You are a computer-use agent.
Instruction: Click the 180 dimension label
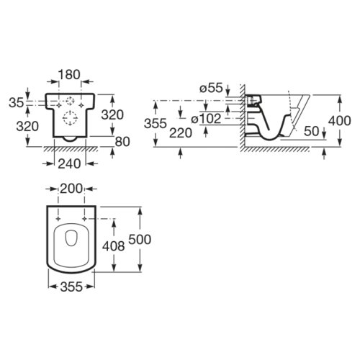pyautogui.click(x=69, y=75)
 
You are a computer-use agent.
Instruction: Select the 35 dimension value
pyautogui.click(x=17, y=103)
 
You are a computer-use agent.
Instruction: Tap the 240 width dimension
pyautogui.click(x=69, y=164)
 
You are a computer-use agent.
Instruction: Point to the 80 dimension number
pyautogui.click(x=122, y=142)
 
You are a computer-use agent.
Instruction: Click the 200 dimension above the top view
pyautogui.click(x=71, y=189)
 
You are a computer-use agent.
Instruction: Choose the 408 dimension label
pyautogui.click(x=114, y=246)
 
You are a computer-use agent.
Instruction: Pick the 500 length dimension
pyautogui.click(x=140, y=240)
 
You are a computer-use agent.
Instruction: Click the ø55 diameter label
pyautogui.click(x=211, y=88)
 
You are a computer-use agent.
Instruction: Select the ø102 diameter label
pyautogui.click(x=206, y=119)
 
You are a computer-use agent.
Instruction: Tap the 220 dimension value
pyautogui.click(x=181, y=133)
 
